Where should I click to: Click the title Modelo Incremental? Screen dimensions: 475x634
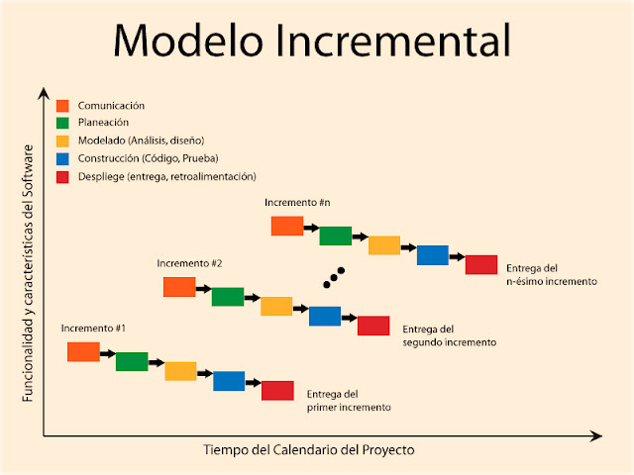coord(313,42)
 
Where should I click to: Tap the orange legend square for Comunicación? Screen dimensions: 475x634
coord(62,105)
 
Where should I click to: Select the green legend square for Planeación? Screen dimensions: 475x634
coord(62,123)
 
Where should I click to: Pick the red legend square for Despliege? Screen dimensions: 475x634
coord(62,176)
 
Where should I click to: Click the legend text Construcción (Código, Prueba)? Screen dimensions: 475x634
coord(148,158)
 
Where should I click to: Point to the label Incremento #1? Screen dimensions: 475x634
coord(93,328)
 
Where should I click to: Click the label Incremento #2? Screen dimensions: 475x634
coord(189,263)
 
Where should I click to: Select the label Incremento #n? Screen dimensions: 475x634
coord(297,202)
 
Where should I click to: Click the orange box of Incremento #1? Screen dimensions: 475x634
coord(83,351)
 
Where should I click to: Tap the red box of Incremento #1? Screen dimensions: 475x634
coord(277,391)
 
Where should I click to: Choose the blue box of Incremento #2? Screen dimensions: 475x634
coord(325,316)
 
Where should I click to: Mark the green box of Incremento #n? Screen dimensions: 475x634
coord(335,236)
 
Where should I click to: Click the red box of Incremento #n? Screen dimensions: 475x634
coord(481,265)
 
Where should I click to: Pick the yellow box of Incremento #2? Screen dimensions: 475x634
coord(276,306)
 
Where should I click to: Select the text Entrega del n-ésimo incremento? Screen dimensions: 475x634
coord(551,274)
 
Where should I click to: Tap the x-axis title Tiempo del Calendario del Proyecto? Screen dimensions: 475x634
coord(308,449)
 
